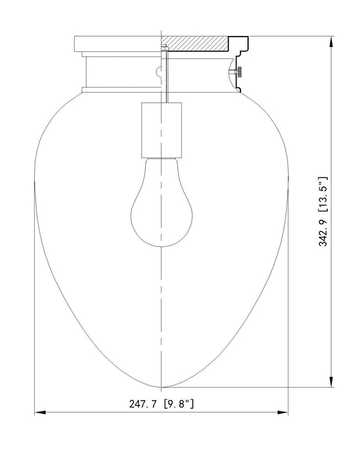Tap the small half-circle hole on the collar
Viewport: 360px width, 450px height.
click(x=159, y=71)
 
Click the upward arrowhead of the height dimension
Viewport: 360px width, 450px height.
click(x=332, y=41)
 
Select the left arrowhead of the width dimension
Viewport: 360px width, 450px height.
click(x=39, y=413)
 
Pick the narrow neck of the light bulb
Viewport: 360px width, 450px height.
click(x=161, y=165)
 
